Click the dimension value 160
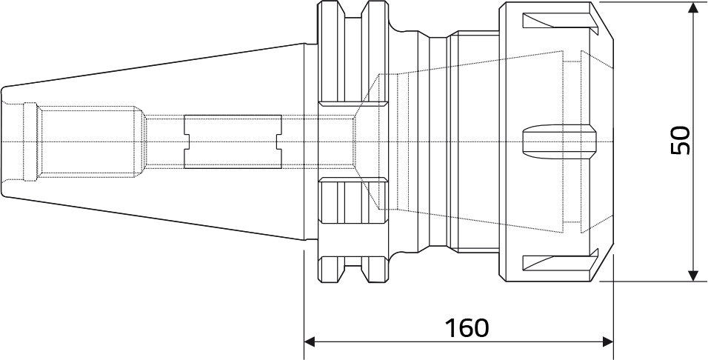point(467,328)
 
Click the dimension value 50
point(681,141)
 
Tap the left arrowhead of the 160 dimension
point(310,342)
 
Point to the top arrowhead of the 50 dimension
point(693,7)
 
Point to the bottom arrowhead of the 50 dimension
point(693,276)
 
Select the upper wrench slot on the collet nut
point(560,20)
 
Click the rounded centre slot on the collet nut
point(559,141)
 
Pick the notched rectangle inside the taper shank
point(233,141)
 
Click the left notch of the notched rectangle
point(187,141)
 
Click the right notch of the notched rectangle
point(279,141)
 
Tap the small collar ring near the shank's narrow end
point(30,141)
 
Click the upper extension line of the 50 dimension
point(653,1)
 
